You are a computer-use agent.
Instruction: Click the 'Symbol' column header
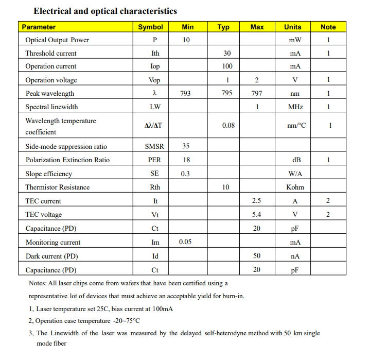coord(150,27)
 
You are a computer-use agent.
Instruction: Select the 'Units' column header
coord(292,27)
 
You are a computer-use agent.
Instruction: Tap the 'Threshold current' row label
coord(51,53)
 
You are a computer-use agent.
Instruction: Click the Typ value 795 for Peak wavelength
coord(227,93)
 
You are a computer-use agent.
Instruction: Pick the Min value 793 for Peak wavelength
coord(185,93)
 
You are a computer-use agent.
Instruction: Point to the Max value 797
coord(257,93)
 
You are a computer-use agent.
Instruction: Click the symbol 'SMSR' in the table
coord(155,146)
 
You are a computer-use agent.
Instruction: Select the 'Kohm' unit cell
coord(295,187)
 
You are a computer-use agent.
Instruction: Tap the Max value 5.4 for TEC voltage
coord(257,215)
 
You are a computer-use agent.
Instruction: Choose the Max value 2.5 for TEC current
coord(257,201)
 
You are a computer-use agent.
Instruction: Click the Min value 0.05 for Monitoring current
coord(185,242)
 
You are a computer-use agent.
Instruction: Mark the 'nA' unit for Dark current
coord(295,256)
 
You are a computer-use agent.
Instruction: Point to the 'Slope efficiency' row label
coord(49,174)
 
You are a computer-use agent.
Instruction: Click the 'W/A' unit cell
coord(295,174)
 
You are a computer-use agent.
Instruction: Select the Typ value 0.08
coord(228,125)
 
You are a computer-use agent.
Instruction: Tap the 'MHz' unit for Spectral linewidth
coord(295,107)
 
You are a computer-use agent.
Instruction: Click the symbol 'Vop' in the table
coord(154,80)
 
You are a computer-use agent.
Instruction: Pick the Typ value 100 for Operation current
coord(227,66)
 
